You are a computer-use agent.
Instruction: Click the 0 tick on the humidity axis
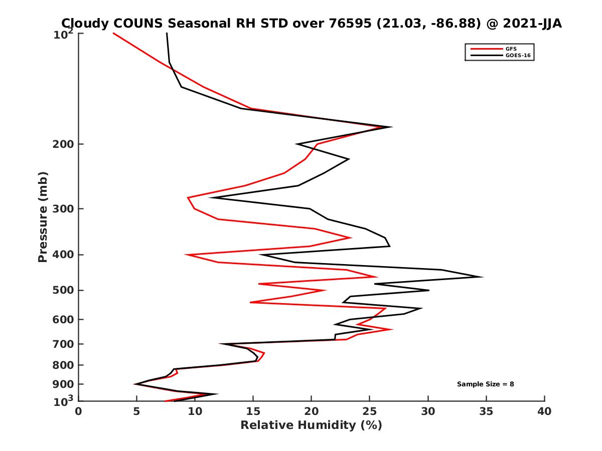coord(79,411)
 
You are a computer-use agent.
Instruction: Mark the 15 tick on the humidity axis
coord(253,411)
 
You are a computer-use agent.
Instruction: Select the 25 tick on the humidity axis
coord(370,411)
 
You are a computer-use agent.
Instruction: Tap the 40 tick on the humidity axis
coord(544,411)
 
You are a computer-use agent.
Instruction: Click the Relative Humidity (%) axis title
coord(311,425)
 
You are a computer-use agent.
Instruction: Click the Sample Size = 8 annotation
coord(485,384)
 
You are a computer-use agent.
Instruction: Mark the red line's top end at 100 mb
coord(114,34)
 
